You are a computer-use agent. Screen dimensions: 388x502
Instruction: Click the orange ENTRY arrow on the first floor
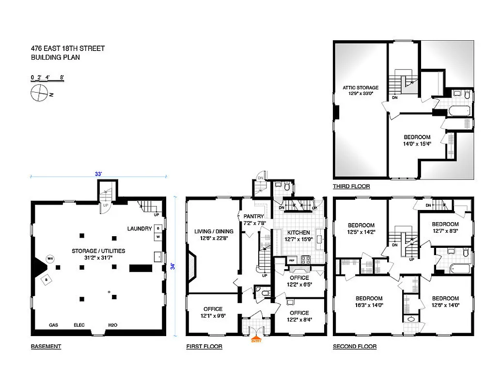[x=255, y=339]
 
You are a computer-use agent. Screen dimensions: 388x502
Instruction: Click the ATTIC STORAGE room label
[x=361, y=88]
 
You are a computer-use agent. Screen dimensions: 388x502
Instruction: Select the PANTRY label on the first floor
[x=254, y=216]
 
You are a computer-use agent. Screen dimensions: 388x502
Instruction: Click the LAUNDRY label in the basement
[x=140, y=228]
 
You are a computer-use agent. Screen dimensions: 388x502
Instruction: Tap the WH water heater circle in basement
[x=49, y=259]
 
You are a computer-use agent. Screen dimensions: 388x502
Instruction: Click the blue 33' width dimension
[x=99, y=173]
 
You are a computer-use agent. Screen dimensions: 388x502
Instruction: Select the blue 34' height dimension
[x=173, y=266]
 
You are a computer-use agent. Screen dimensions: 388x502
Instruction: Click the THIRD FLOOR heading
[x=351, y=186]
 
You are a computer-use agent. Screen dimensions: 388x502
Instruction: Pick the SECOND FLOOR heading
[x=354, y=346]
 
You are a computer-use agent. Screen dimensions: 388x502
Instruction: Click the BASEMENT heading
[x=46, y=346]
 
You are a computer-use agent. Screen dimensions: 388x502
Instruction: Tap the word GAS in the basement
[x=54, y=325]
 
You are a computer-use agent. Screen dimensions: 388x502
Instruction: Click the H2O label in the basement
[x=112, y=325]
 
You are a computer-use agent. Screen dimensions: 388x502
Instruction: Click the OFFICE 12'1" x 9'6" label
[x=213, y=312]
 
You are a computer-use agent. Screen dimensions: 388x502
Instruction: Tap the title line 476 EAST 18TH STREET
[x=67, y=48]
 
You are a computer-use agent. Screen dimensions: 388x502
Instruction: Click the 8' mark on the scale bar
[x=62, y=77]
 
